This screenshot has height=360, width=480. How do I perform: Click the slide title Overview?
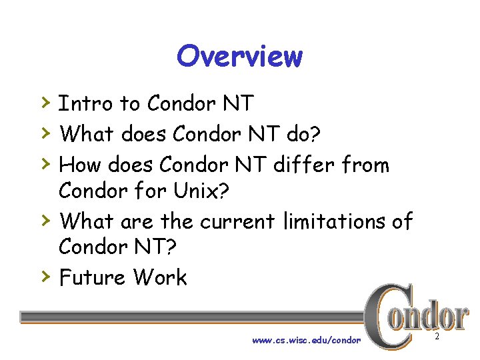pyautogui.click(x=239, y=56)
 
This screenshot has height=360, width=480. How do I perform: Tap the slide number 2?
pyautogui.click(x=437, y=337)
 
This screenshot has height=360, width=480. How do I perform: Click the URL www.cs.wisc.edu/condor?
pyautogui.click(x=306, y=340)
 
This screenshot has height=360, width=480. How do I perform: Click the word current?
pyautogui.click(x=238, y=221)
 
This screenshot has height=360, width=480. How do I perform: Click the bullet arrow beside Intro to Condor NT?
pyautogui.click(x=44, y=103)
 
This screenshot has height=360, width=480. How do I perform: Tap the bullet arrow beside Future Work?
pyautogui.click(x=44, y=276)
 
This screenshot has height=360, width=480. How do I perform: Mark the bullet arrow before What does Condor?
pyautogui.click(x=44, y=133)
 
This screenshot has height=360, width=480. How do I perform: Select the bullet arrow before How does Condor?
pyautogui.click(x=44, y=163)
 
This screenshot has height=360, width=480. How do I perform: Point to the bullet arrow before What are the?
pyautogui.click(x=44, y=219)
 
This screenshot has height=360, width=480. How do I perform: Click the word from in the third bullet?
pyautogui.click(x=365, y=164)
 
